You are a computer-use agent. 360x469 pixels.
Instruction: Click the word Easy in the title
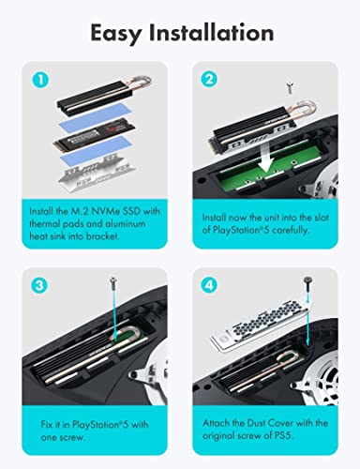point(115,34)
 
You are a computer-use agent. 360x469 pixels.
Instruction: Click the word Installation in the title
point(211,32)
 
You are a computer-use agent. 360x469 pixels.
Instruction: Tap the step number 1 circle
point(40,79)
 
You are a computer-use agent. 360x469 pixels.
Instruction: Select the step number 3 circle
point(40,285)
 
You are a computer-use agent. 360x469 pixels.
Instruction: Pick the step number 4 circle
point(209,285)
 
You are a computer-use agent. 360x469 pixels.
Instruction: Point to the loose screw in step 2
point(291,86)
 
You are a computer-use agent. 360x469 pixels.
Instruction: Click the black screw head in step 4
point(307,280)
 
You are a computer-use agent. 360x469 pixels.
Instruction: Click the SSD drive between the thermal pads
point(94,138)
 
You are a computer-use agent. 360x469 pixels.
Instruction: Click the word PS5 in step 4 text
point(283,435)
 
